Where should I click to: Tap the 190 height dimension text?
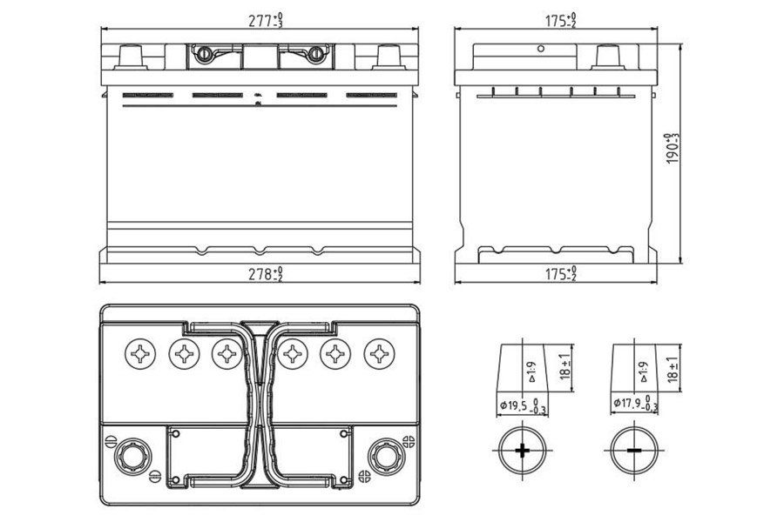672,149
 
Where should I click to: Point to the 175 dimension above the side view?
560,19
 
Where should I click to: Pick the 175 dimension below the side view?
560,274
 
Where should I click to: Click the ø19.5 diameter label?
522,405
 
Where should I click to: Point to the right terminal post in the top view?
383,453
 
